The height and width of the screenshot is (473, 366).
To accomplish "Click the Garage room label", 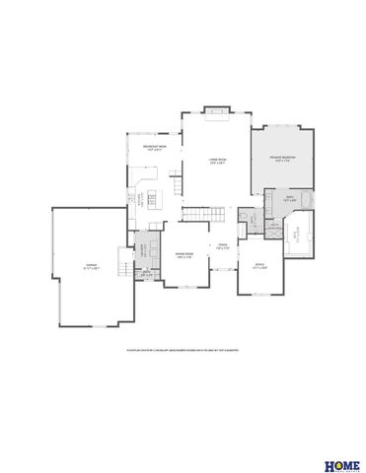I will coord(90,265).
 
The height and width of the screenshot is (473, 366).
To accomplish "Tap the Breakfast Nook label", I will coord(152,148).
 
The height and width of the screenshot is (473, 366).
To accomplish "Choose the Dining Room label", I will coord(183,256).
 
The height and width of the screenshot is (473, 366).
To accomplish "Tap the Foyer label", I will coord(224,246).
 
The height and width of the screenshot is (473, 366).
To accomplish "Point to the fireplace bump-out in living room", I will coord(215,109).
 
